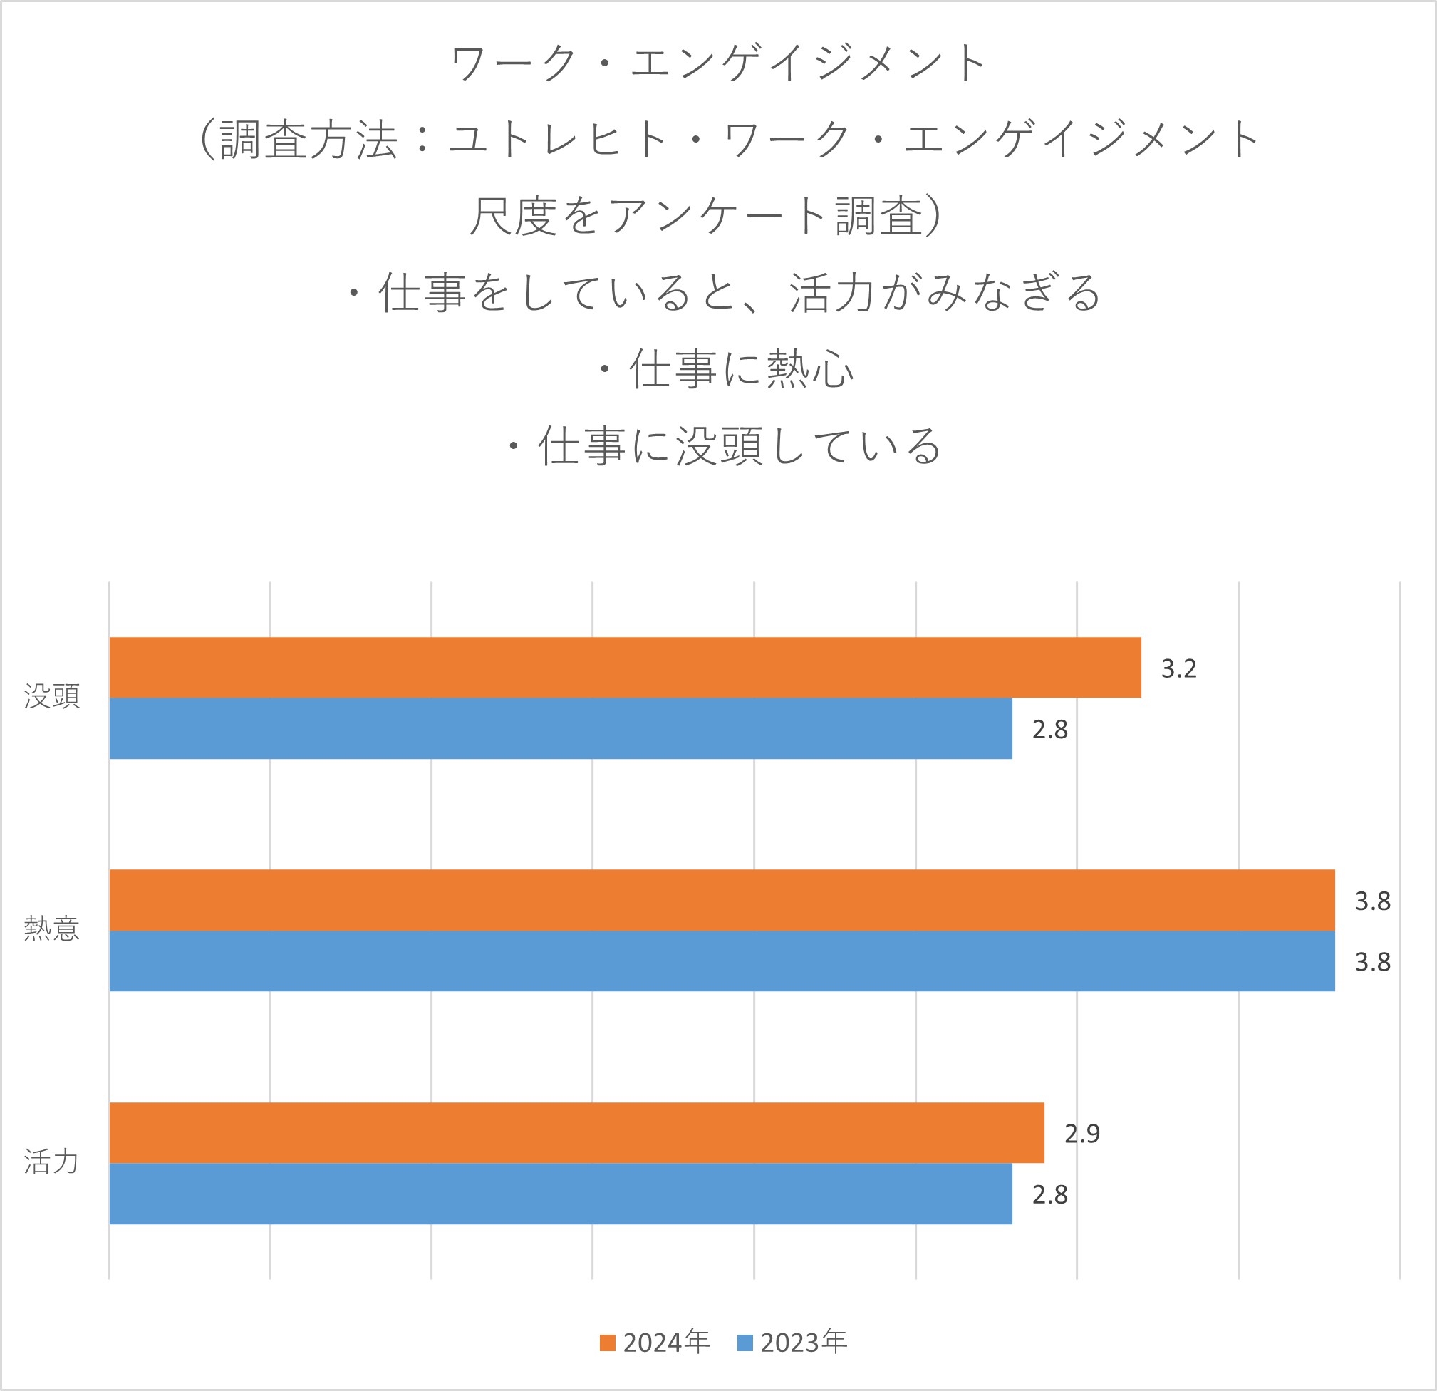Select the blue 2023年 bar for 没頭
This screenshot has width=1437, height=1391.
560,728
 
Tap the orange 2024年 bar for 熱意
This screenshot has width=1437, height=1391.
722,900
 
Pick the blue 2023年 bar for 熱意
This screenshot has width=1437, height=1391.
722,961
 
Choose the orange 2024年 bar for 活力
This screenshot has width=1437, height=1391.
576,1133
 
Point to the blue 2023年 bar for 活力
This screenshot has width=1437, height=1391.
560,1194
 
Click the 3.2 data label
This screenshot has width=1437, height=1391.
1178,668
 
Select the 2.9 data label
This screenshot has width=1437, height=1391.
1081,1134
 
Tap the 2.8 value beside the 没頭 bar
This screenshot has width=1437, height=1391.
1049,730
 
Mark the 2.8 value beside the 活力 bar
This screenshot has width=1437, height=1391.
1049,1195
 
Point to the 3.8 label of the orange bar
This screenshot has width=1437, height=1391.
1371,901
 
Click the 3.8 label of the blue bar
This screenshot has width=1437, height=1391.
1371,962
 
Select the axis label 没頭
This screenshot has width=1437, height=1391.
51,697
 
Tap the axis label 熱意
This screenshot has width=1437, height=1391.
51,929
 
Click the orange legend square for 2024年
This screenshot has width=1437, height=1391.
607,1343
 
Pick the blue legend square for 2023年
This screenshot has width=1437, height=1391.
745,1343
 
